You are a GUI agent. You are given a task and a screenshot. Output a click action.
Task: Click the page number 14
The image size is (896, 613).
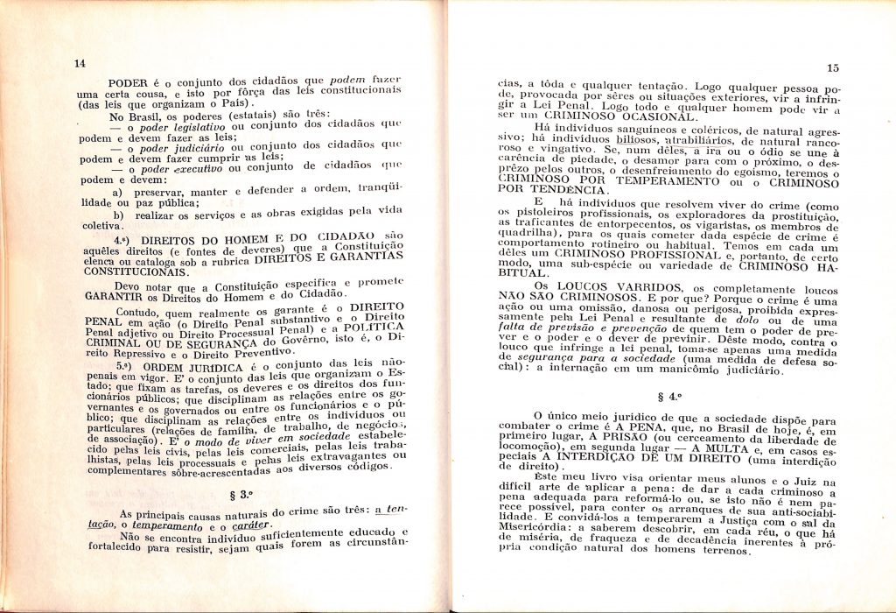pos(80,63)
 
